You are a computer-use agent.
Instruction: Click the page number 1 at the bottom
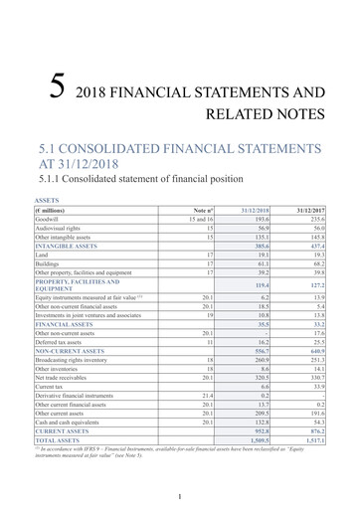pyautogui.click(x=180, y=496)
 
